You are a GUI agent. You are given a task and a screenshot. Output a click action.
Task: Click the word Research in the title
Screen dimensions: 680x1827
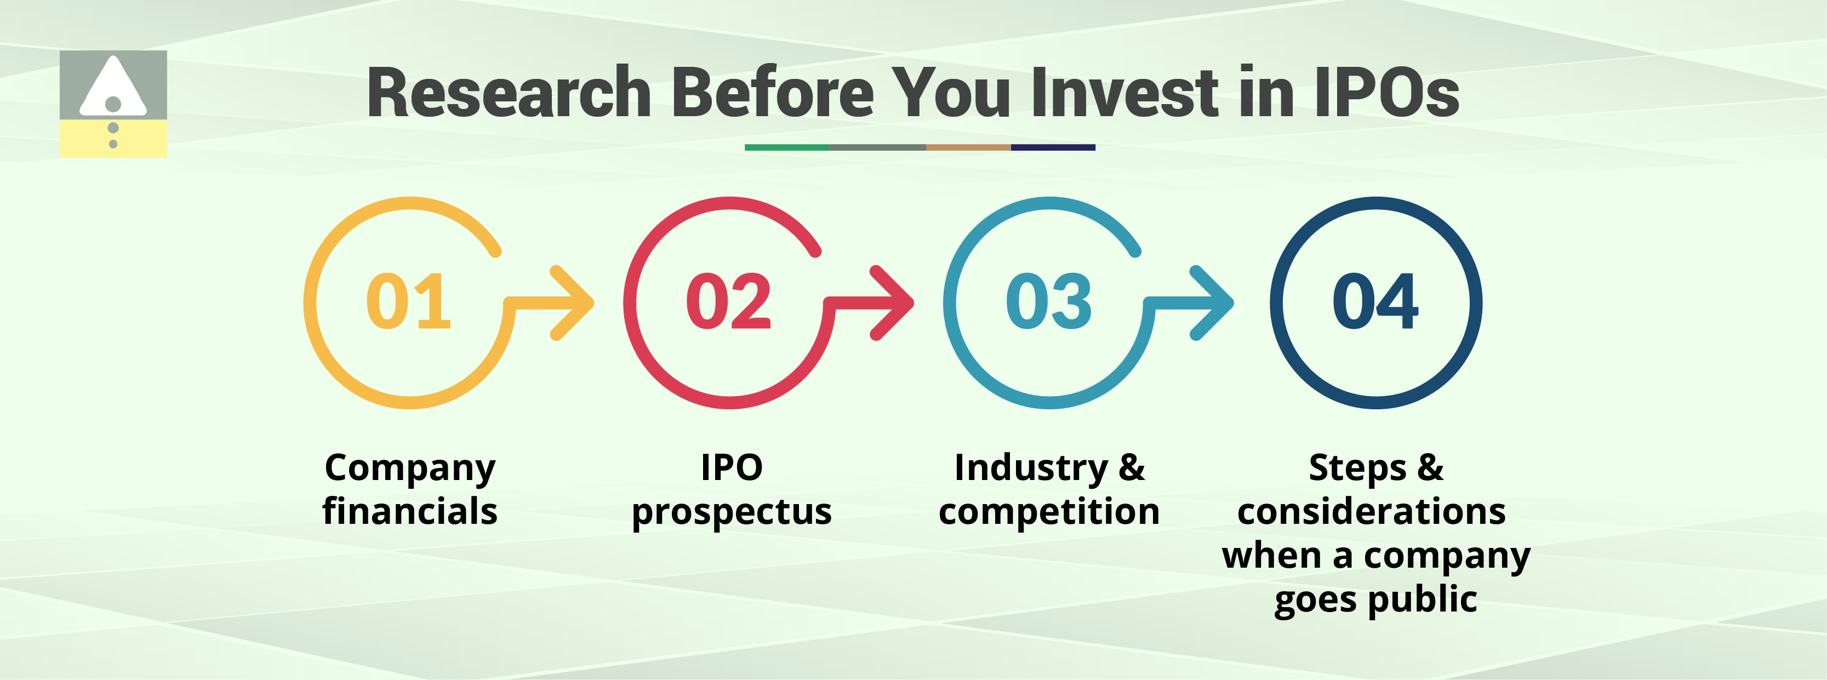click(x=509, y=93)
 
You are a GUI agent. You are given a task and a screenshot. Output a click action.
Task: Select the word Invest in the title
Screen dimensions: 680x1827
click(x=1126, y=93)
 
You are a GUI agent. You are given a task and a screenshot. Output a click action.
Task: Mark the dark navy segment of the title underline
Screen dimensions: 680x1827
click(x=1053, y=147)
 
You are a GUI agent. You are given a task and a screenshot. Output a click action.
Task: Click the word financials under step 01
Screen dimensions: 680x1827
click(x=410, y=511)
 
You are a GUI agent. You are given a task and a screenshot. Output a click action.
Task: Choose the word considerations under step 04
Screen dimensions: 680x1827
click(x=1371, y=511)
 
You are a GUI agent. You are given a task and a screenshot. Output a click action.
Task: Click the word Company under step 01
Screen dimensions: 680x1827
click(x=410, y=468)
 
